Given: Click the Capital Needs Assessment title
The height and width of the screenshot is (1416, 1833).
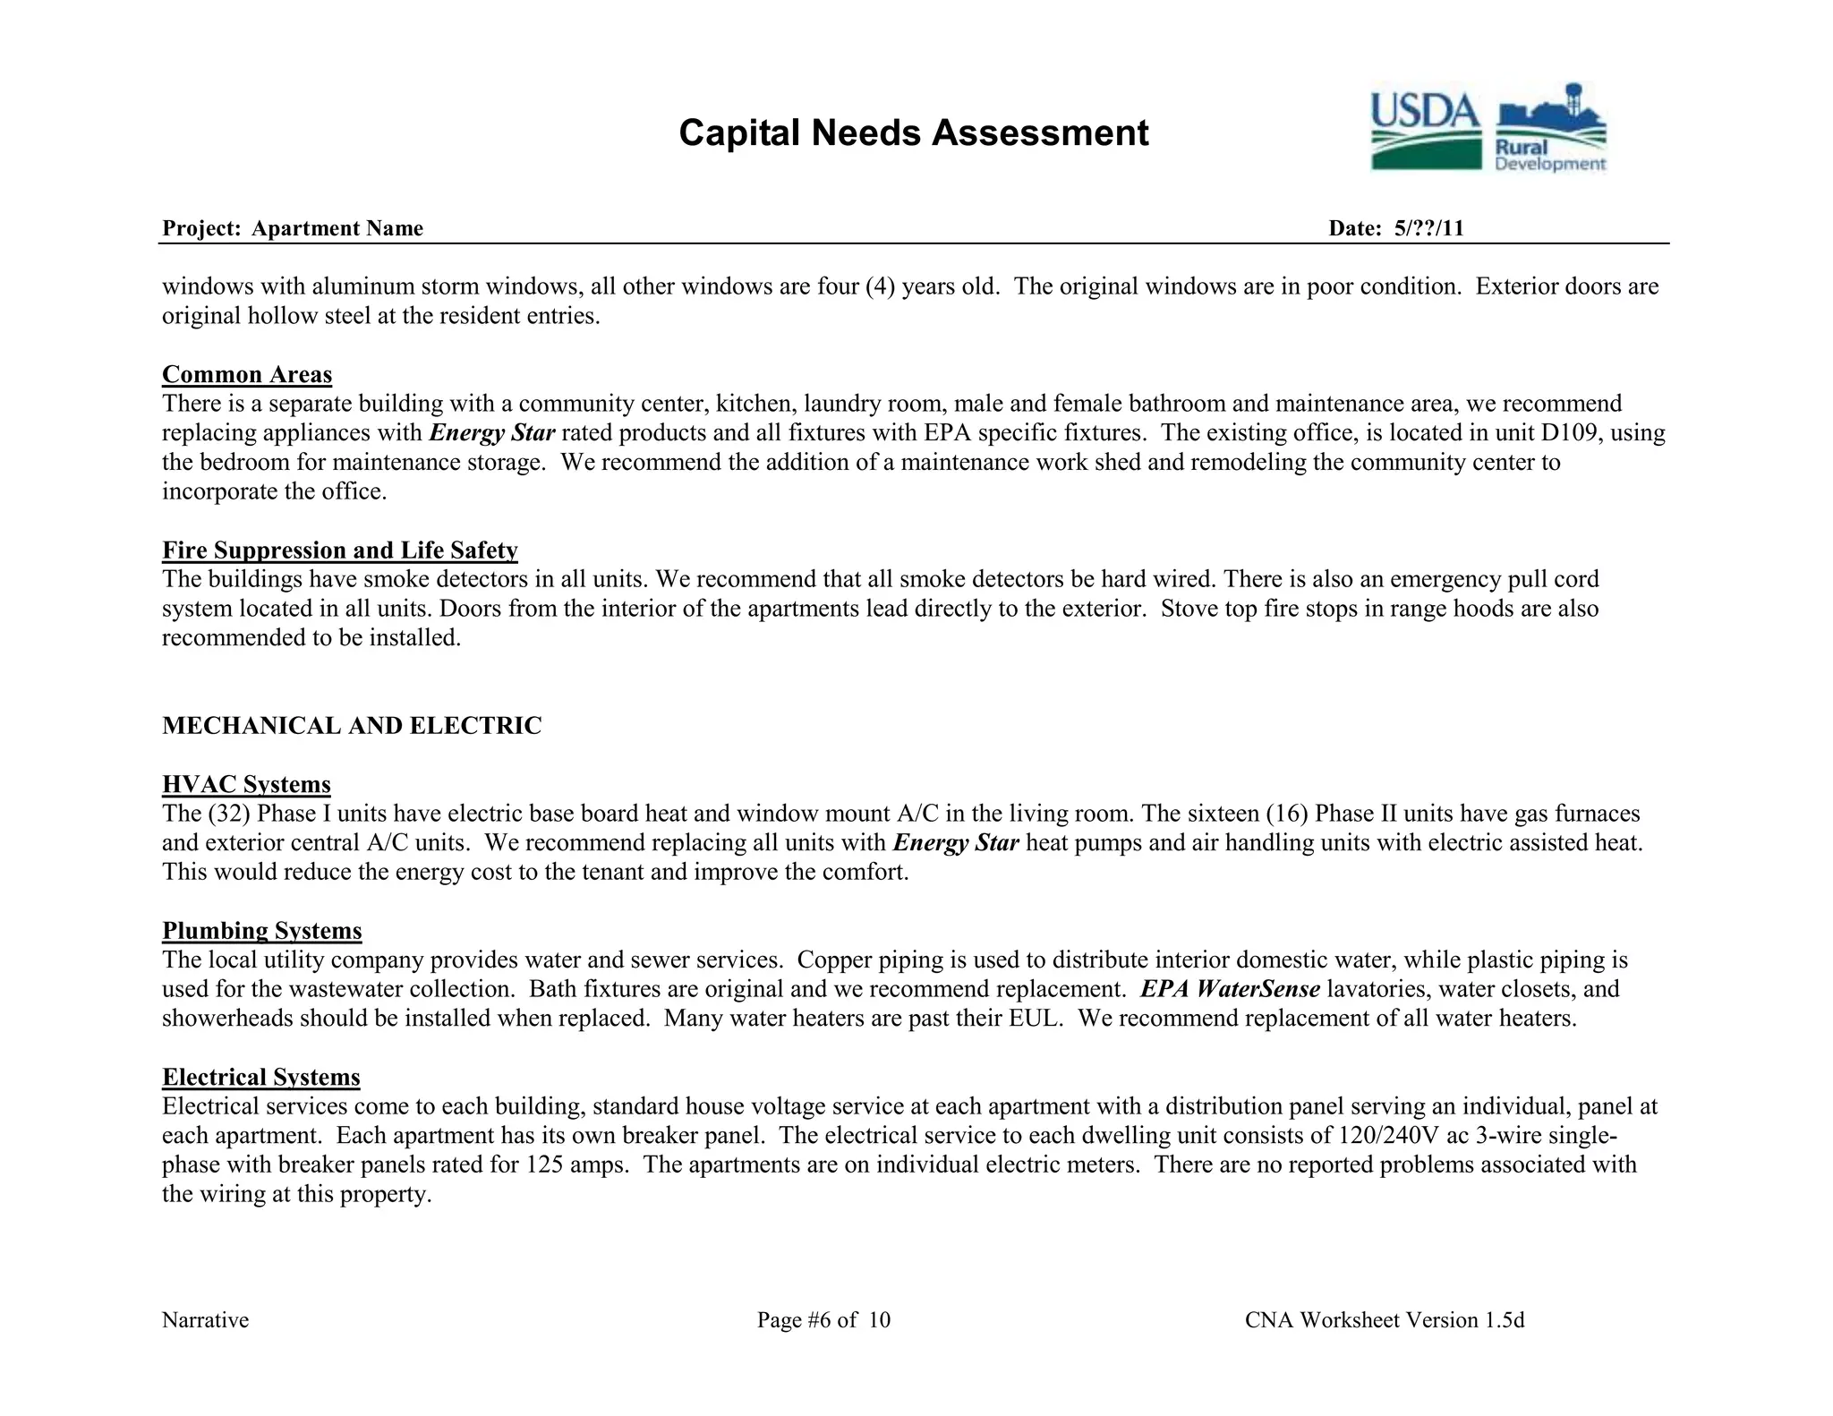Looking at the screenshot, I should [913, 132].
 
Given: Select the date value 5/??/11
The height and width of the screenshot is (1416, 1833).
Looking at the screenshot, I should [1428, 228].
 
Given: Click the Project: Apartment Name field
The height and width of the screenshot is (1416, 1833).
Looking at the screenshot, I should [293, 228].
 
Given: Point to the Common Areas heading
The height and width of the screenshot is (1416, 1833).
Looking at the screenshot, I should [247, 374].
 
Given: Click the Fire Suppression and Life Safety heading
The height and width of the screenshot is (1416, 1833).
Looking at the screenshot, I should [340, 550].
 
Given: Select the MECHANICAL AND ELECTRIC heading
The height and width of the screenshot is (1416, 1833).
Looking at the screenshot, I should [352, 725].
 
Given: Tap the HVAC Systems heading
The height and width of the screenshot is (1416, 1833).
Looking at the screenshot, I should [246, 784].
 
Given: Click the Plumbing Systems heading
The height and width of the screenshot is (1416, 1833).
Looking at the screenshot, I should [262, 931].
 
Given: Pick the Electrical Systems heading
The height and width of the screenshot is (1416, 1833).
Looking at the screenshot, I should [261, 1077].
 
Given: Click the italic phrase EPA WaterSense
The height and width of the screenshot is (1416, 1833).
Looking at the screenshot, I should [1230, 989].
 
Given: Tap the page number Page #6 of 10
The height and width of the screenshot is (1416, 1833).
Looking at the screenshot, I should [823, 1320].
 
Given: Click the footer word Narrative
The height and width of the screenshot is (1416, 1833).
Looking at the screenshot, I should [205, 1320].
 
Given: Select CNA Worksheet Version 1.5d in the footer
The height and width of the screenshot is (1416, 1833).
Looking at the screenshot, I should [1384, 1320].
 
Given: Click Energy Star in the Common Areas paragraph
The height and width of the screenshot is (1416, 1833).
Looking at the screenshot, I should [492, 433].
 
